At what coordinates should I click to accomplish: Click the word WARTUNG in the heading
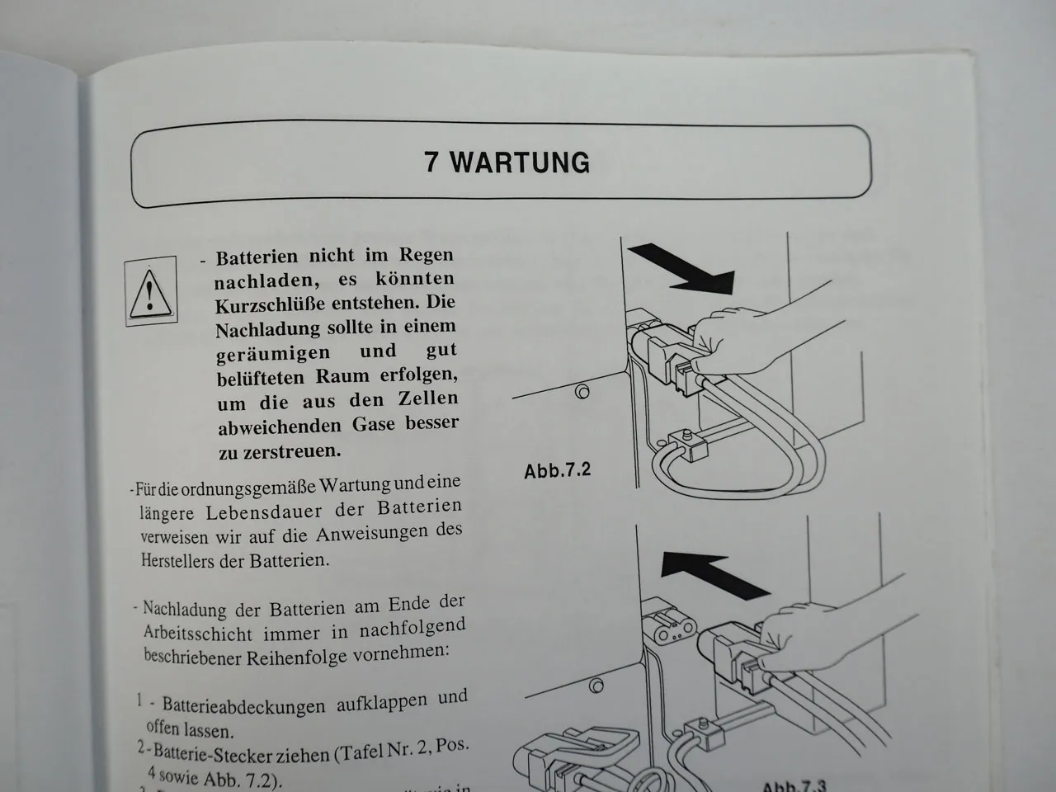point(521,162)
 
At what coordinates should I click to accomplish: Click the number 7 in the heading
point(432,162)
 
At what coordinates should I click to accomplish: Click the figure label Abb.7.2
point(558,471)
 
